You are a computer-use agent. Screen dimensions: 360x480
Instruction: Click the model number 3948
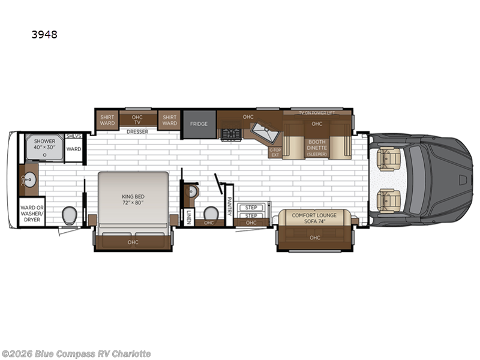point(44,35)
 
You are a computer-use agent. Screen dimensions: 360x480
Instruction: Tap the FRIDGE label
point(199,124)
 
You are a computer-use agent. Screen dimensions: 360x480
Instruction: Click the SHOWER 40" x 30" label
point(44,145)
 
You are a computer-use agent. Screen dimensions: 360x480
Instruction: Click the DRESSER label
point(137,131)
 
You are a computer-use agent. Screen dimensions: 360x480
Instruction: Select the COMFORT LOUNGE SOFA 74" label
point(314,217)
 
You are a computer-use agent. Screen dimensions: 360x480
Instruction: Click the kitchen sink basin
point(262,130)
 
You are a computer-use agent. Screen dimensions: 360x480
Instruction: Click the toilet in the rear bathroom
point(70,215)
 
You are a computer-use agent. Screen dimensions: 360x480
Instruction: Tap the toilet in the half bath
point(211,213)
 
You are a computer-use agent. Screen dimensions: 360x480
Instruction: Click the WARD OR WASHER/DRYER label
point(31,212)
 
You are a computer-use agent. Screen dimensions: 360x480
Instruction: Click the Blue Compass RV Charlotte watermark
point(76,353)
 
